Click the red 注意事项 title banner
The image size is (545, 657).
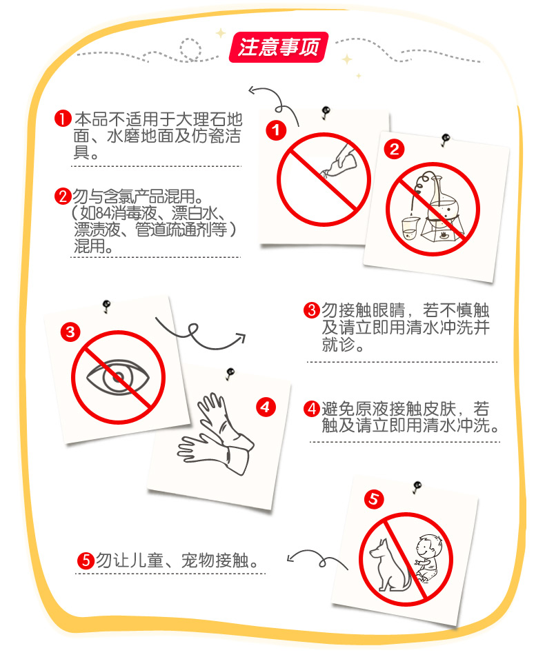click(279, 47)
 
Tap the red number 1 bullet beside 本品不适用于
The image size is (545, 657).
click(63, 119)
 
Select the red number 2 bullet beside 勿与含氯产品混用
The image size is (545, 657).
click(63, 196)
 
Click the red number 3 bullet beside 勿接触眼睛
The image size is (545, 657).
click(312, 310)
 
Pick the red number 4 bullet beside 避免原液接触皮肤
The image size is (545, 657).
click(312, 409)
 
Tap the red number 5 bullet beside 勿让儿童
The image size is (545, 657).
click(86, 560)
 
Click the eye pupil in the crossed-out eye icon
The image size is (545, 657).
click(118, 376)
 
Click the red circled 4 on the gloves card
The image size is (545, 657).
click(266, 407)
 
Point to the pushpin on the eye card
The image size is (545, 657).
click(106, 305)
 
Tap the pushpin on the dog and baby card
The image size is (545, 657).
click(417, 487)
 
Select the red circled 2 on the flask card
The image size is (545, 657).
click(394, 149)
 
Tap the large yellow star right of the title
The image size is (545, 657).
click(347, 59)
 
